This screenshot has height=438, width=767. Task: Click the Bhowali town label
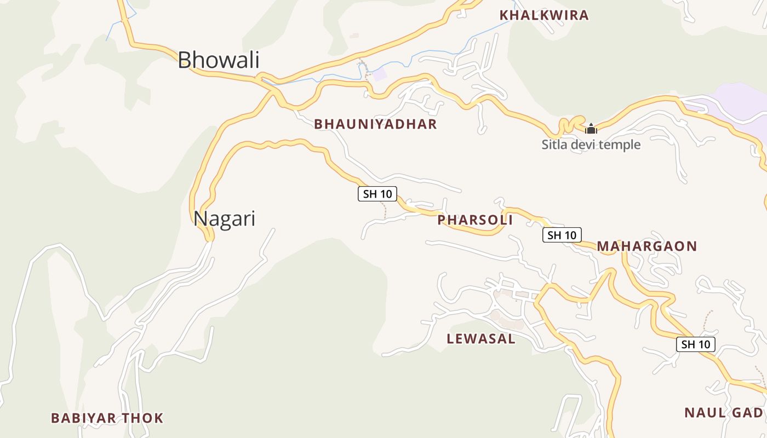218,60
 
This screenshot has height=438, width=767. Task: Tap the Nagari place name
224,218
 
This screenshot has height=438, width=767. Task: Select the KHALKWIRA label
544,15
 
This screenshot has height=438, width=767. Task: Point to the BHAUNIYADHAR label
375,124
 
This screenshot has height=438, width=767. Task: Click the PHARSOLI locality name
475,220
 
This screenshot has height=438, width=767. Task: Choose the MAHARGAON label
646,246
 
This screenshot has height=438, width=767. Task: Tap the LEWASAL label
481,338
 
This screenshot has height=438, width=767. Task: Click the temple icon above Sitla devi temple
591,129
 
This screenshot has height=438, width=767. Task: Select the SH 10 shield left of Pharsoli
377,193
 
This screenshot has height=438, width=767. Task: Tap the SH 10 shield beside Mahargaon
562,235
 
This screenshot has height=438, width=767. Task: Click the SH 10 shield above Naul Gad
695,344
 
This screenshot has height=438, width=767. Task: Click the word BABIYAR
83,418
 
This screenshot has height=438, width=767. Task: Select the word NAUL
704,413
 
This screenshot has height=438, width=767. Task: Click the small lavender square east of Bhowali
379,75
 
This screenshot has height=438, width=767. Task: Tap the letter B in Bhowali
185,60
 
